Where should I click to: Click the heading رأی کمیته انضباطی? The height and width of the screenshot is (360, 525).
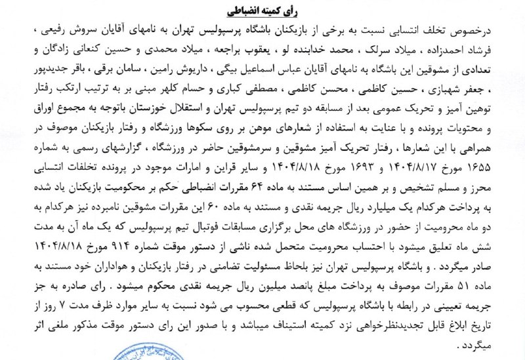tap(263, 11)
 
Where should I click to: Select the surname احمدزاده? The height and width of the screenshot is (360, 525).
tap(467, 50)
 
